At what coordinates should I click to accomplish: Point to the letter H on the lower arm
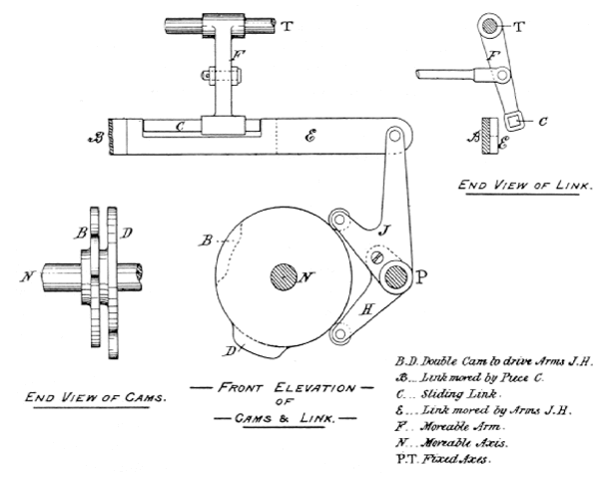[x=366, y=310]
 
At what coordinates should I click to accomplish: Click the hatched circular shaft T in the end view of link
[x=490, y=24]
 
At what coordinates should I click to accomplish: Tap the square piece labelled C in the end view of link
[x=517, y=123]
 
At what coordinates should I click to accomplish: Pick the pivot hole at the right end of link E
[x=398, y=132]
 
